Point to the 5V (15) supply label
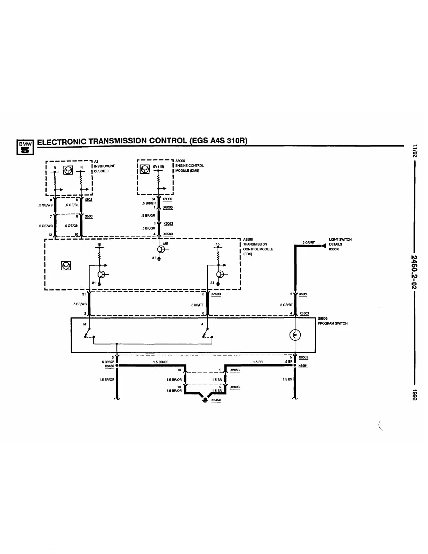pyautogui.click(x=158, y=166)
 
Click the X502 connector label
pyautogui.click(x=88, y=199)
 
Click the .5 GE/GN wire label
pyautogui.click(x=72, y=226)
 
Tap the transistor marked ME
pyautogui.click(x=160, y=249)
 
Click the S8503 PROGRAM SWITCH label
pyautogui.click(x=332, y=321)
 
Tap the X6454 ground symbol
pyautogui.click(x=205, y=401)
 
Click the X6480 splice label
pyautogui.click(x=109, y=366)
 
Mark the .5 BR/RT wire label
pyautogui.click(x=197, y=305)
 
